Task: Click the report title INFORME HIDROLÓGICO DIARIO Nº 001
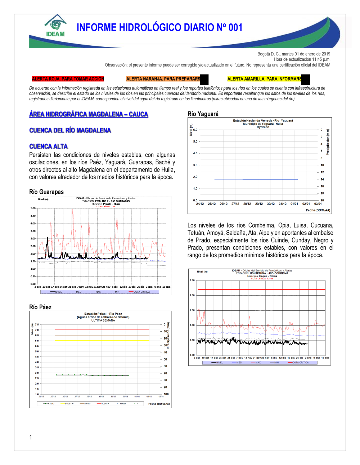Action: [159, 28]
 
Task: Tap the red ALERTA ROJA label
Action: [68, 79]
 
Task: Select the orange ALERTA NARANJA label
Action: [163, 79]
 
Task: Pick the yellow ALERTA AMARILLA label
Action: [265, 79]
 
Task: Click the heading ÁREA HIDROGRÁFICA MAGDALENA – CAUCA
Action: [89, 114]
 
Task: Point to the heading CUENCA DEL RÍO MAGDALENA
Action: [70, 130]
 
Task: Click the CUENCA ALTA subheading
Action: [48, 146]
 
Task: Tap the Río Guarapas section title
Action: [46, 192]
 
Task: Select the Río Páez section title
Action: [40, 307]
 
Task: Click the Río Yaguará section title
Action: [203, 114]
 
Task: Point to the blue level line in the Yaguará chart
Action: [256, 179]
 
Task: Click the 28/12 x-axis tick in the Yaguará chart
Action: [247, 204]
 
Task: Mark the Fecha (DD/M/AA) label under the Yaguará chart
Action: [318, 210]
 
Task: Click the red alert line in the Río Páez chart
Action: [102, 329]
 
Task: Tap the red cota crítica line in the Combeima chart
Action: [261, 289]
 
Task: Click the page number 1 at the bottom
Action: [31, 437]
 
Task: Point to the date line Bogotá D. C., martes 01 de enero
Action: [293, 54]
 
